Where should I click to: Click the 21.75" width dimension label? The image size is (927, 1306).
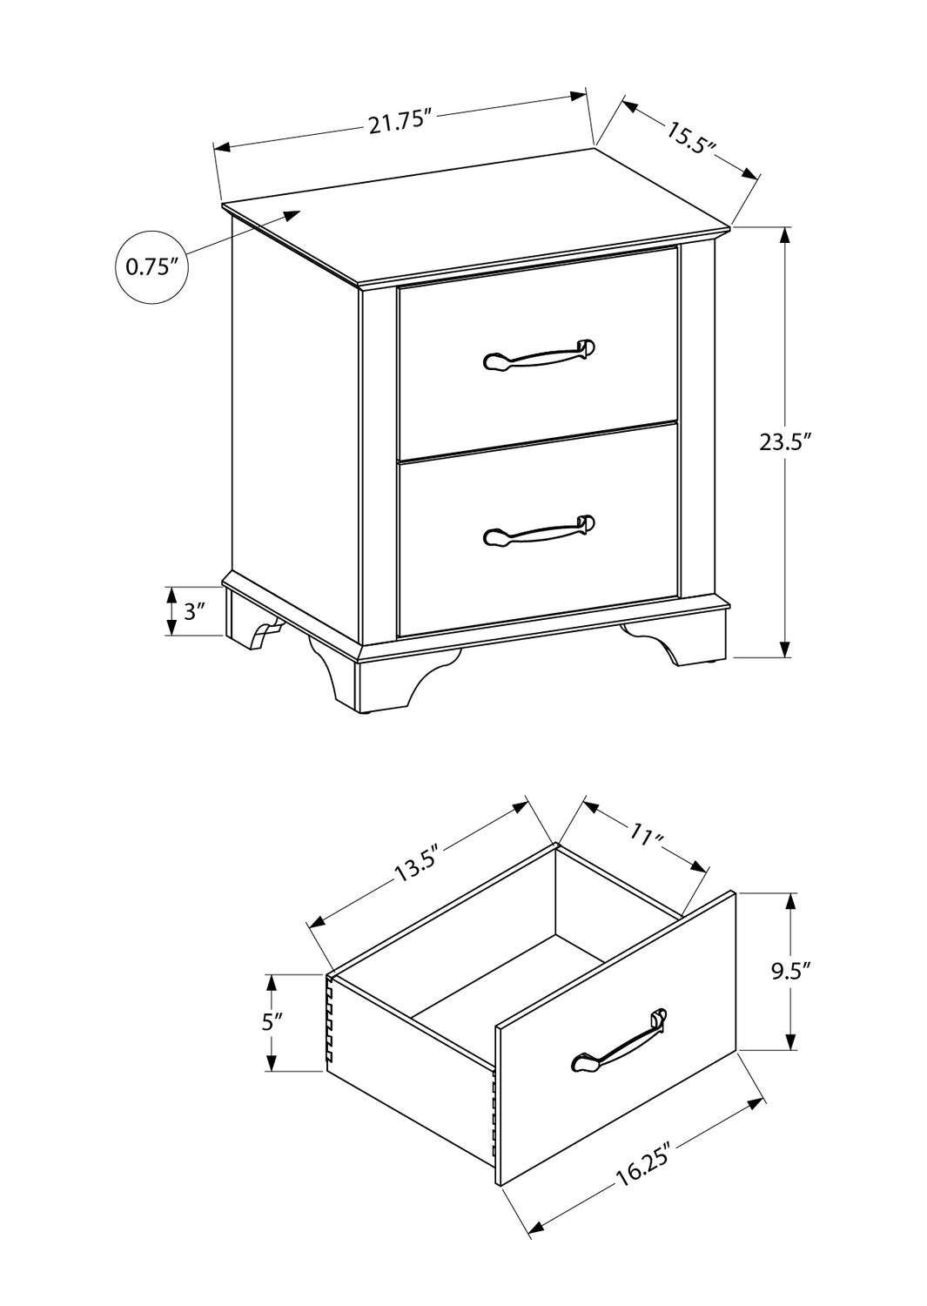click(x=399, y=124)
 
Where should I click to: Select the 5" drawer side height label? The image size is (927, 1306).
click(x=273, y=1021)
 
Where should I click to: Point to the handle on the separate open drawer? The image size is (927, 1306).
click(x=619, y=1042)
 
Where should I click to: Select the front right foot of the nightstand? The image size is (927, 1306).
click(x=676, y=642)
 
